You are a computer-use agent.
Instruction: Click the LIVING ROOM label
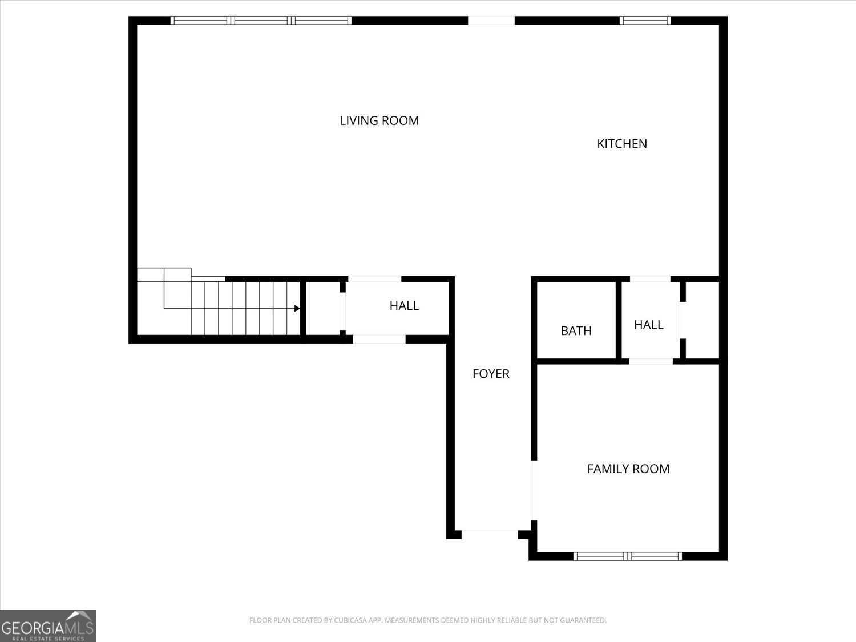(379, 120)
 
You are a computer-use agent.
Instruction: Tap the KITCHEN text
(621, 144)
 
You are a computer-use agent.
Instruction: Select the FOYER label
(491, 374)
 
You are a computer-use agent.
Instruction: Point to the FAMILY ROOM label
(628, 469)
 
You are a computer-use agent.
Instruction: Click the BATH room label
(576, 330)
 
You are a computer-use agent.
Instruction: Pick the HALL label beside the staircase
(404, 306)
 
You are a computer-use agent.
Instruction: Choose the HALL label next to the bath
(648, 325)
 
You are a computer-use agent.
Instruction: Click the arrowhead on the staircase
(297, 309)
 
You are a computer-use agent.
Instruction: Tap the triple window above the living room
(261, 21)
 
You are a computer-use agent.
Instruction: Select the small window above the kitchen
(645, 21)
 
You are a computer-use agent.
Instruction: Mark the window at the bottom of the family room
(628, 556)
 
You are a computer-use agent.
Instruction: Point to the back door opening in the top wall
(491, 21)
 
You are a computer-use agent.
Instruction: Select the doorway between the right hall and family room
(651, 361)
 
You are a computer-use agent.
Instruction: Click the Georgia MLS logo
(48, 626)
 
